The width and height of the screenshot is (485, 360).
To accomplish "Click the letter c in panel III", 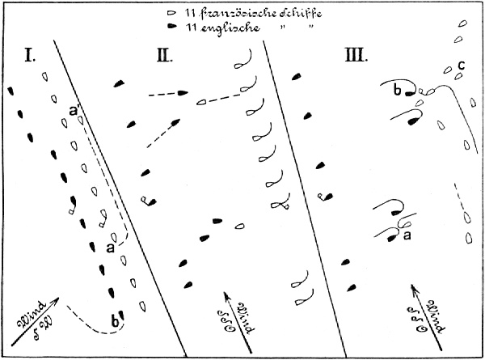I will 460,65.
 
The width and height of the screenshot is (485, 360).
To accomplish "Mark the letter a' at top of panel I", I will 74,111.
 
